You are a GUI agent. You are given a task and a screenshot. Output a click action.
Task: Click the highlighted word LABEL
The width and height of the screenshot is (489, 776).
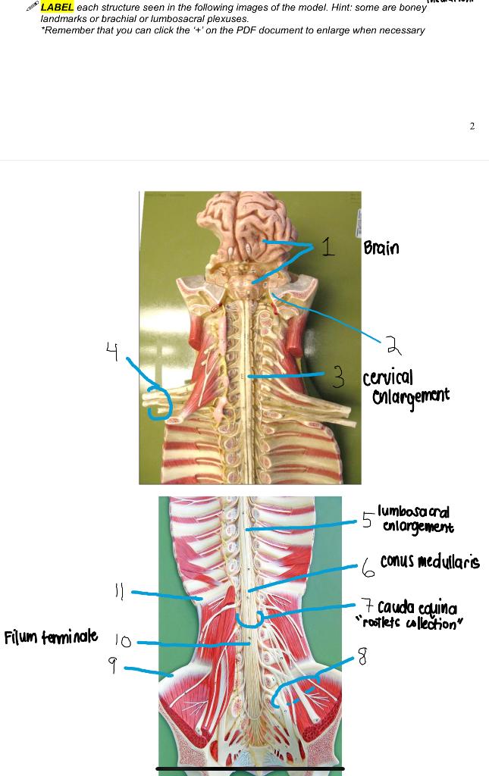[58, 7]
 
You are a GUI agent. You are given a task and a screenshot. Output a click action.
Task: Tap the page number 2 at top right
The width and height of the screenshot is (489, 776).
[472, 126]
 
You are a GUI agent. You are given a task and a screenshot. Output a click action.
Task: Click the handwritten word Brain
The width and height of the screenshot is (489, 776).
[381, 248]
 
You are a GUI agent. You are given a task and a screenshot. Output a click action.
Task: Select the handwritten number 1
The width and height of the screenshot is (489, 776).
[327, 246]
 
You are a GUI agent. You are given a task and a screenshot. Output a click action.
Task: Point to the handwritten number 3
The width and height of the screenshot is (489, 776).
[339, 376]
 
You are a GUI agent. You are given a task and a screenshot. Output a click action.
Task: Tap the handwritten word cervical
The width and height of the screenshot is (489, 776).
[388, 377]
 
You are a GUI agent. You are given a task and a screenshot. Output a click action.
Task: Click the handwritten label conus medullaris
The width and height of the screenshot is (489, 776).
[430, 562]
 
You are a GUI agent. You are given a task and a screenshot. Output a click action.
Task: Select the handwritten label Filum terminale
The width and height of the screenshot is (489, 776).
[51, 637]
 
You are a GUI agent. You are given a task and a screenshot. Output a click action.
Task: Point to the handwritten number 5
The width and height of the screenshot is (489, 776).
[367, 520]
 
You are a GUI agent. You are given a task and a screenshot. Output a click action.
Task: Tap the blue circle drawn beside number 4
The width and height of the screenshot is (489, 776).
[159, 401]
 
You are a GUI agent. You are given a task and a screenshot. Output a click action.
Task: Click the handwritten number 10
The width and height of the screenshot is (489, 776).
[123, 642]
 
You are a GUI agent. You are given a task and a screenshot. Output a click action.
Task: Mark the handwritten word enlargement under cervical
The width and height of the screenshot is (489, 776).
[410, 396]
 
